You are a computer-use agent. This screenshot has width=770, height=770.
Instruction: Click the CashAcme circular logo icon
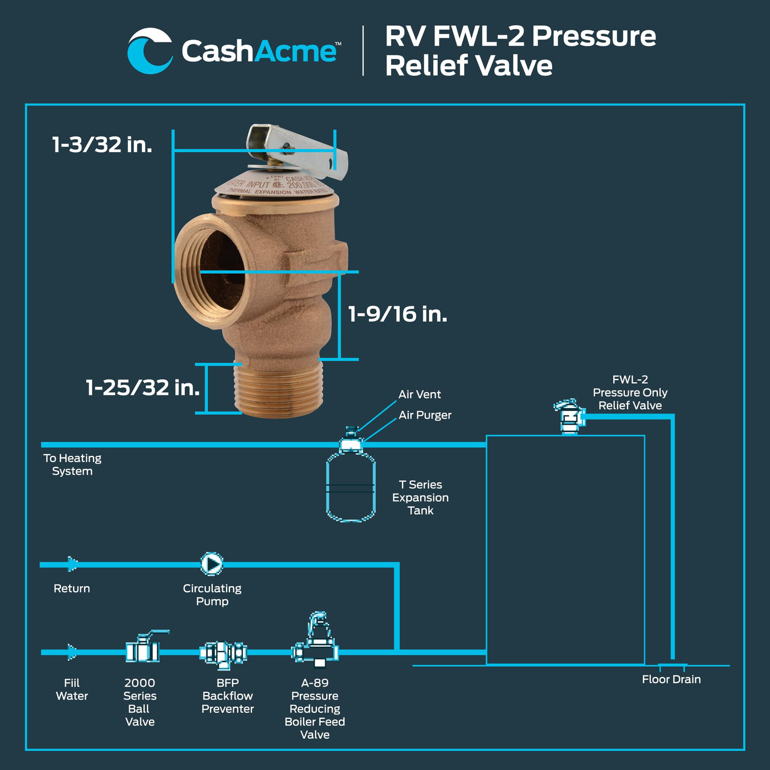pyautogui.click(x=150, y=51)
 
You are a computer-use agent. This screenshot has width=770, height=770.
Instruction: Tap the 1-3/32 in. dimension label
pyautogui.click(x=102, y=145)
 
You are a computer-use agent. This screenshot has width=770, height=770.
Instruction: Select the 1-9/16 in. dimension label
pyautogui.click(x=398, y=314)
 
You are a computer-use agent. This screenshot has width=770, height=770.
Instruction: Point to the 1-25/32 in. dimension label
pyautogui.click(x=142, y=388)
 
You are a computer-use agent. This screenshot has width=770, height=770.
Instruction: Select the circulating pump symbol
pyautogui.click(x=212, y=564)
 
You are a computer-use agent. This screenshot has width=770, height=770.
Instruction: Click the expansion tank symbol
pyautogui.click(x=351, y=487)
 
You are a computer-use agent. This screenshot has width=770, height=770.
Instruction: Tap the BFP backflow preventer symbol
pyautogui.click(x=223, y=653)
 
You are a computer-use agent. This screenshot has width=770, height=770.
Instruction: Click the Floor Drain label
pyautogui.click(x=671, y=679)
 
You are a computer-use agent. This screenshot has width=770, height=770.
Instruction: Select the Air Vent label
pyautogui.click(x=420, y=394)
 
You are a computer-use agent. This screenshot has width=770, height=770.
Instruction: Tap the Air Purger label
pyautogui.click(x=425, y=415)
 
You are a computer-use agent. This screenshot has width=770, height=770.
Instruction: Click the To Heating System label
pyautogui.click(x=72, y=464)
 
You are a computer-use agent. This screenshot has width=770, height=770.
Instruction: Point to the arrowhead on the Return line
pyautogui.click(x=72, y=564)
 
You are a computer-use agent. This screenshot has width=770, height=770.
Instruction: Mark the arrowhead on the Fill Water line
pyautogui.click(x=72, y=652)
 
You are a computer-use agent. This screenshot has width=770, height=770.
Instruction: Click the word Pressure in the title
pyautogui.click(x=594, y=36)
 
